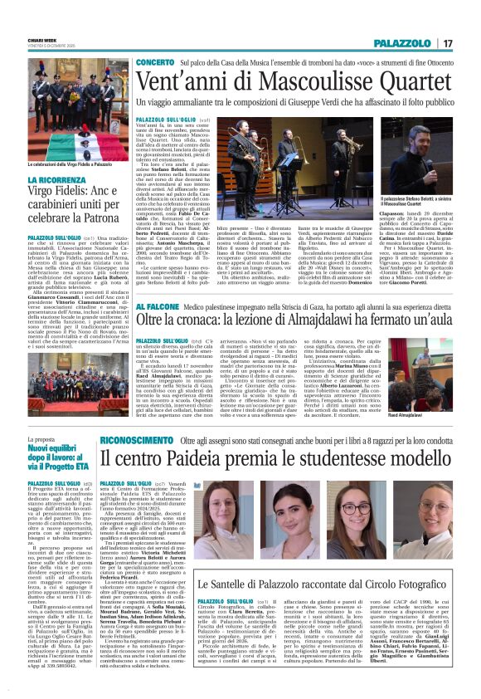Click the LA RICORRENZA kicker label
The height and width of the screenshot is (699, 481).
tap(57, 179)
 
